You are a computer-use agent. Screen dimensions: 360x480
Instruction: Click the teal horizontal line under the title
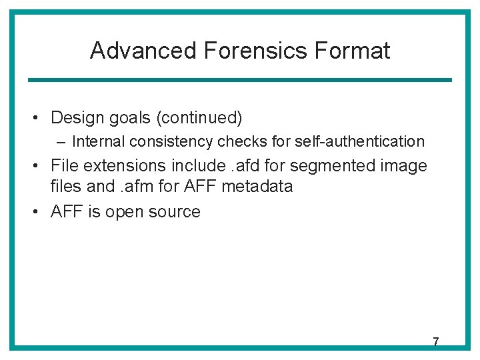coord(239,80)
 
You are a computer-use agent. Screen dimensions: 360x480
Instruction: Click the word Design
coord(75,118)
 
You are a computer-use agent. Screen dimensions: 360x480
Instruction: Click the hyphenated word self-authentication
coord(359,141)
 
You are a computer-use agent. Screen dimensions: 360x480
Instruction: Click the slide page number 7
coord(435,342)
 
